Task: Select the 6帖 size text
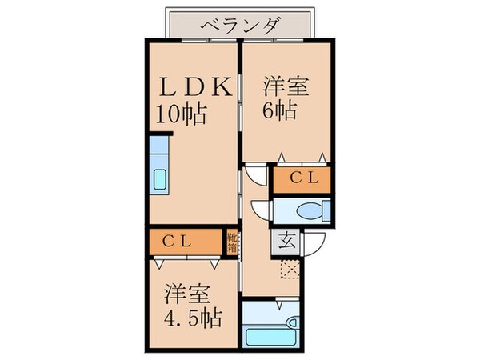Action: tap(279, 110)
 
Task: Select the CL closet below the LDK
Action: tap(185, 240)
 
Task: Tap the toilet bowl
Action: tap(310, 210)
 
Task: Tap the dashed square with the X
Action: tap(287, 270)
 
